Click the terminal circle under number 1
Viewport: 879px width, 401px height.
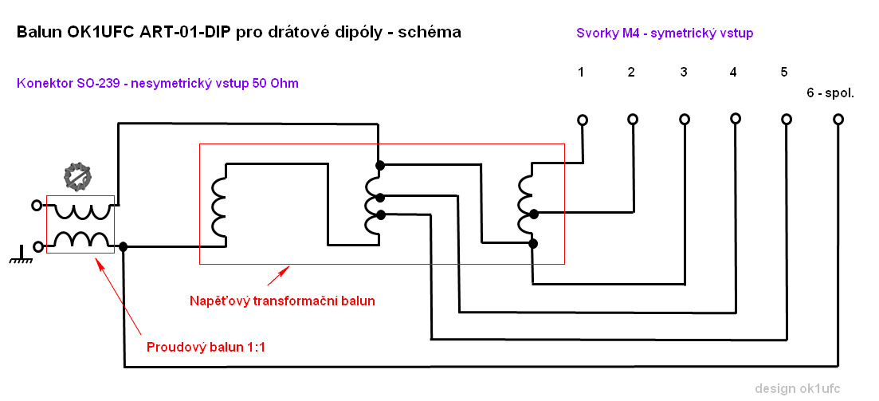click(583, 120)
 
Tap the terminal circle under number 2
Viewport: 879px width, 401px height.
click(633, 120)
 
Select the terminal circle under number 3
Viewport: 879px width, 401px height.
click(684, 120)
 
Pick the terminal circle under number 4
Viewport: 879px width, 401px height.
click(734, 120)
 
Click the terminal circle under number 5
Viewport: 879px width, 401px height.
click(787, 120)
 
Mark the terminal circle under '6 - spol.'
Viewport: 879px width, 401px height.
click(838, 120)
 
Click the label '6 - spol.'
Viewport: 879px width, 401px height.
click(830, 93)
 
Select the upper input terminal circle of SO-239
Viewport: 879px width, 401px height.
click(36, 206)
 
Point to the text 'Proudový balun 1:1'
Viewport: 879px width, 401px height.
click(206, 348)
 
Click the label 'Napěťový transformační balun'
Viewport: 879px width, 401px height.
click(282, 301)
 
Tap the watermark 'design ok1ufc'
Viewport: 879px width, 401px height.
click(797, 388)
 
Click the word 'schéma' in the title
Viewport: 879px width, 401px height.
click(433, 33)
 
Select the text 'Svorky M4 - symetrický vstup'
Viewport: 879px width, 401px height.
click(665, 33)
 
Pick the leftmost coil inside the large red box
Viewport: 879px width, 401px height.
click(218, 207)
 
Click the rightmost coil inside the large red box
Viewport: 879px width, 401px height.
click(525, 203)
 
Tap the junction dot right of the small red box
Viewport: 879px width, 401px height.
click(123, 246)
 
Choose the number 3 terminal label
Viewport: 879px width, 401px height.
click(684, 73)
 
